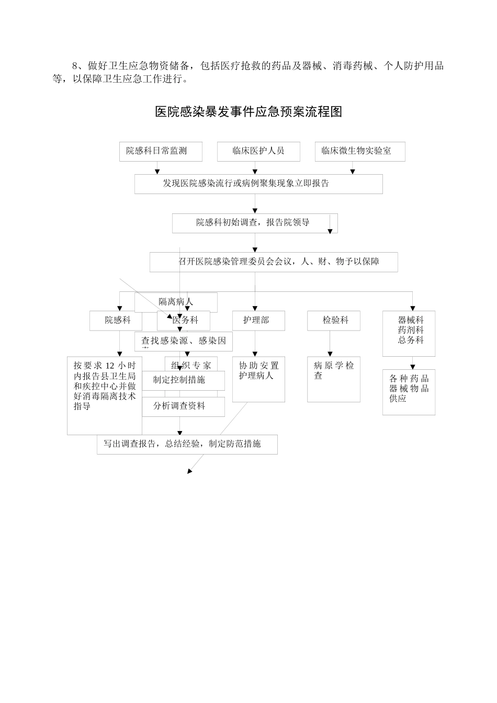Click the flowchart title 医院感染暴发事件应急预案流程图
249,112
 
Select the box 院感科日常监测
157,151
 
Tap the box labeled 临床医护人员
258,151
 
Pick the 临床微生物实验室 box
359,151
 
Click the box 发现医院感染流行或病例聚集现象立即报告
258,184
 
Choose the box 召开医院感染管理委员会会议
274,262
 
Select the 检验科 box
333,320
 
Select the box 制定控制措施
179,380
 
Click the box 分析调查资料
179,406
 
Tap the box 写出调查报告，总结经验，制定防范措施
187,444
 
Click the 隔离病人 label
176,302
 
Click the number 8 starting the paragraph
74,66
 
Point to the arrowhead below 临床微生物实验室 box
353,172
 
